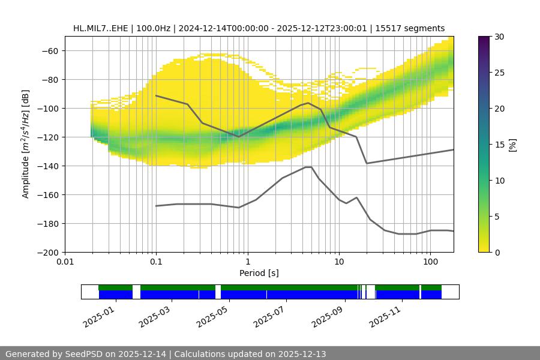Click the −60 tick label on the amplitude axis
click(49, 50)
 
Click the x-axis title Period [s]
click(259, 273)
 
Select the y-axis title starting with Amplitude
click(25, 144)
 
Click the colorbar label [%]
click(512, 144)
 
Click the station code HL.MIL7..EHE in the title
click(103, 28)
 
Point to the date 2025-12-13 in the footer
click(301, 354)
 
